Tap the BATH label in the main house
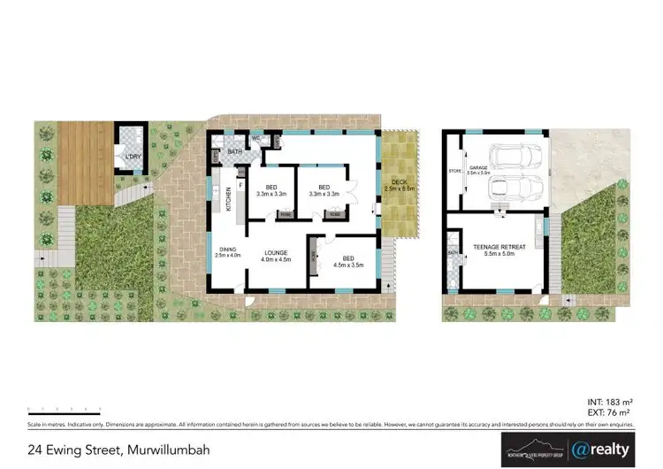(234, 152)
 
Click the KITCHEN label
(228, 201)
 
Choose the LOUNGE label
(277, 255)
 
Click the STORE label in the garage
(455, 171)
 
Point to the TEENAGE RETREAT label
(500, 249)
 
